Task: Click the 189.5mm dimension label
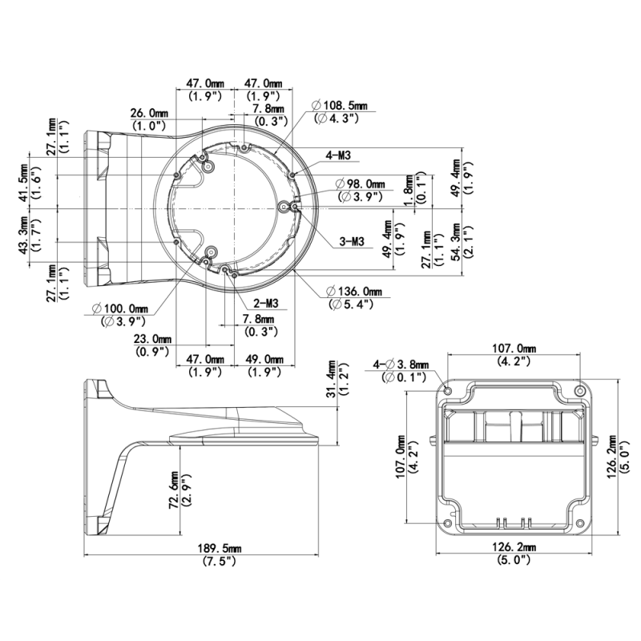220,548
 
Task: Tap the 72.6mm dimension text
174,490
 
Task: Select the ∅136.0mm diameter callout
354,292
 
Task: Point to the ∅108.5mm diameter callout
339,106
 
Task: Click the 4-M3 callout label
338,155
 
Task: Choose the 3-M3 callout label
352,242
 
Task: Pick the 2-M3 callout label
266,303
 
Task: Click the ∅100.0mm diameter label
120,308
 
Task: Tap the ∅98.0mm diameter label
360,184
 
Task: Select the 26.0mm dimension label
149,113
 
